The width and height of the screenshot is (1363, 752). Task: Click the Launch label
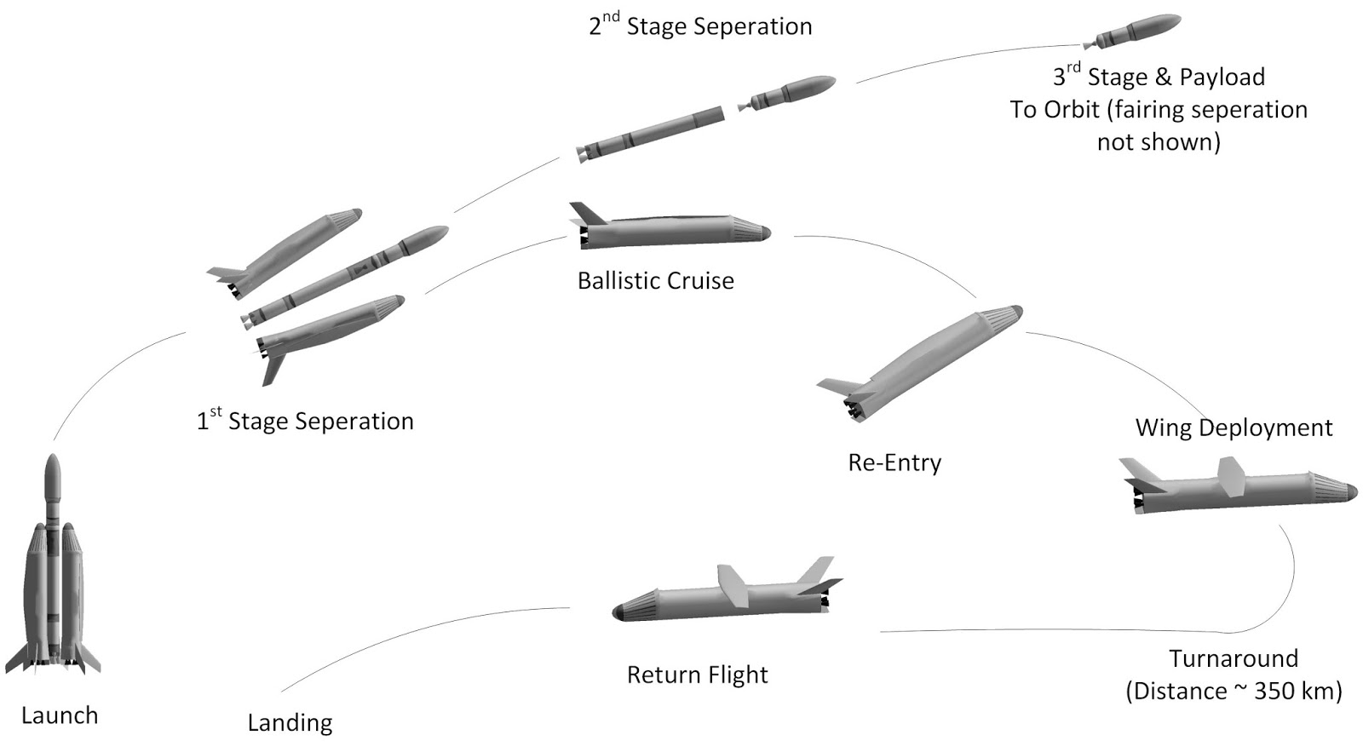[59, 715]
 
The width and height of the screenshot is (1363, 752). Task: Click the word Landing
[290, 723]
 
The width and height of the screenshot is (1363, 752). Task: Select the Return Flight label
[697, 675]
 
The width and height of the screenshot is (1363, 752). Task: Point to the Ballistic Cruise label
[655, 281]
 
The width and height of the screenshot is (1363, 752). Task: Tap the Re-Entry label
[894, 462]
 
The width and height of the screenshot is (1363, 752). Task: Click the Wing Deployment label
[1233, 428]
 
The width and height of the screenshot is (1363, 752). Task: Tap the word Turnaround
[1233, 659]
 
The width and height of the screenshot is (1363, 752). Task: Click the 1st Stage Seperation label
[305, 421]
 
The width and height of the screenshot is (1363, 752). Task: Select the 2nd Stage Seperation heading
[700, 26]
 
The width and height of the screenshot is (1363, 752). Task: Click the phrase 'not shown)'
[1158, 142]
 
